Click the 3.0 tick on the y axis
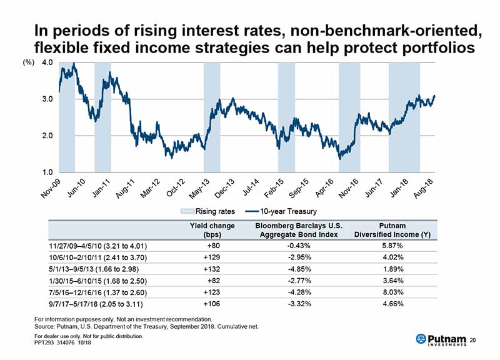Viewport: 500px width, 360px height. pos(47,99)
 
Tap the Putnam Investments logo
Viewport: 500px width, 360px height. pos(441,339)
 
